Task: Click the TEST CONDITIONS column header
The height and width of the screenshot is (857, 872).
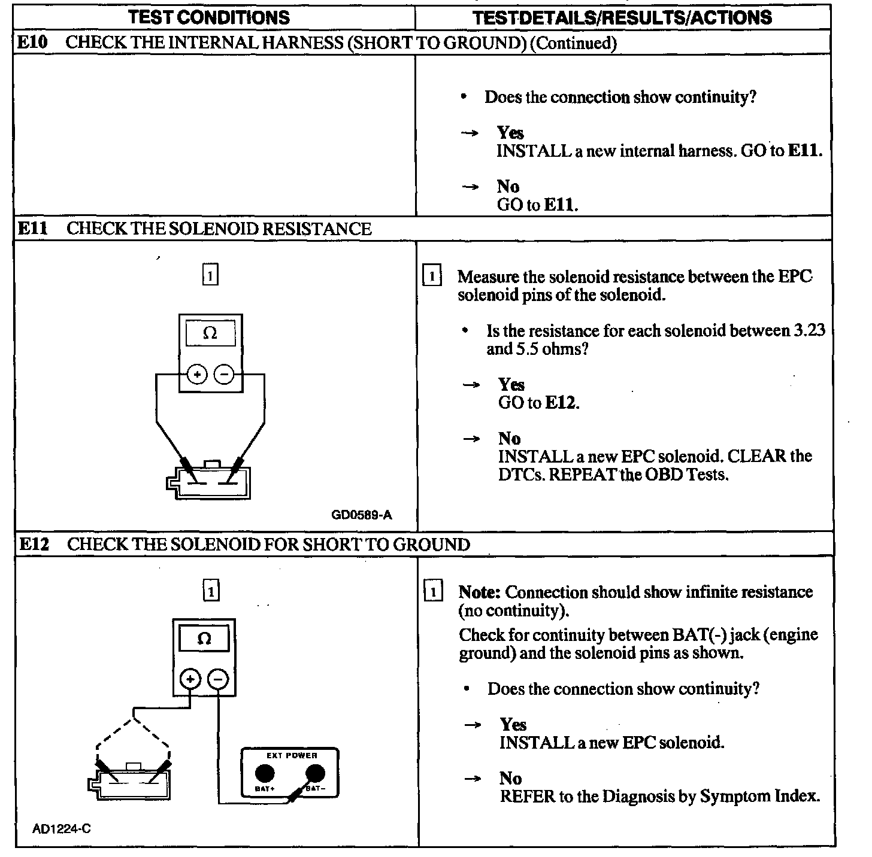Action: (x=209, y=17)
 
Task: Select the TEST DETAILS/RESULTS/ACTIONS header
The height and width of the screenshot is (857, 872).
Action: (x=622, y=17)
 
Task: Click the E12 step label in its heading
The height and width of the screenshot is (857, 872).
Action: (x=34, y=544)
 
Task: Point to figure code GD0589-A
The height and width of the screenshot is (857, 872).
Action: (x=361, y=515)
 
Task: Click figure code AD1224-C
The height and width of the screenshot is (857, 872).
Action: (x=62, y=829)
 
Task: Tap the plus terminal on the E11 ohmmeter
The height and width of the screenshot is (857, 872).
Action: (x=197, y=375)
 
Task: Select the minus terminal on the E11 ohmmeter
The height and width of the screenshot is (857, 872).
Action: (x=224, y=375)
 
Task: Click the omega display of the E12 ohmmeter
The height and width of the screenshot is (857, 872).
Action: (x=204, y=639)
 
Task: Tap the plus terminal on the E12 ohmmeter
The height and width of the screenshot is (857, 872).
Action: (x=190, y=679)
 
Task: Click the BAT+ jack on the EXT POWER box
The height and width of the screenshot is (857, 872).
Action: (x=265, y=774)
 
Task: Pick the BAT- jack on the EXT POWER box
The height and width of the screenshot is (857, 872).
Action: (x=315, y=774)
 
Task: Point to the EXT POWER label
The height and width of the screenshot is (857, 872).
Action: (x=292, y=755)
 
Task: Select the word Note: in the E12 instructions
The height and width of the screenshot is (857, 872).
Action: (x=479, y=592)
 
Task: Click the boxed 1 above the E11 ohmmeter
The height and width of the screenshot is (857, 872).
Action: (x=210, y=276)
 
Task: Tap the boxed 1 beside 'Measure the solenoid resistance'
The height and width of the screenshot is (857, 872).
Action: (x=432, y=276)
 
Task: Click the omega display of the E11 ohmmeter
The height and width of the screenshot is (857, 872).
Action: (x=210, y=333)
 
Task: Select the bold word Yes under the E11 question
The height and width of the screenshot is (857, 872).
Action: (x=511, y=384)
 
